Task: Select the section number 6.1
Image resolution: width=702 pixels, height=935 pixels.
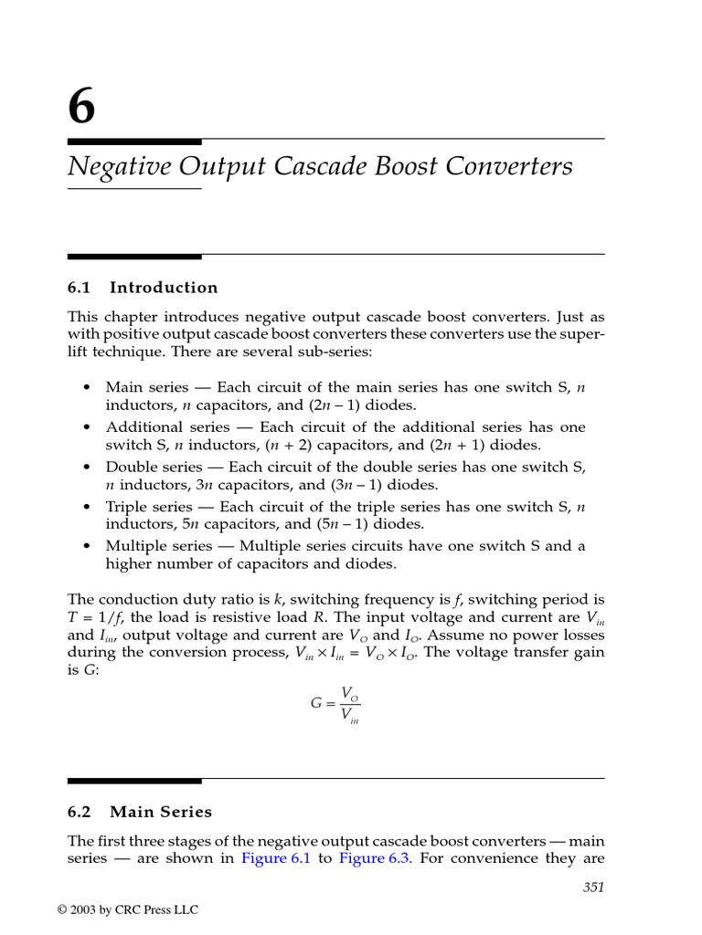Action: point(80,288)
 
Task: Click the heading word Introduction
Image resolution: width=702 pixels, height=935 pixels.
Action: point(164,288)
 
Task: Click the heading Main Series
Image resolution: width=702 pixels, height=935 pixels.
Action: point(161,812)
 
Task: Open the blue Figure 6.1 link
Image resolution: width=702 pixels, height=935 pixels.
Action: point(276,858)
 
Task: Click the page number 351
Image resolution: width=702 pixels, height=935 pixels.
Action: point(593,887)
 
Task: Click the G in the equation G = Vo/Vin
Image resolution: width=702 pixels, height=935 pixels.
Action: point(317,704)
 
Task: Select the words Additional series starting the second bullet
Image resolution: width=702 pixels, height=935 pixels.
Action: point(157,427)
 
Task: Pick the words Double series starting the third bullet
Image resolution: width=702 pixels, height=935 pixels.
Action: point(146,467)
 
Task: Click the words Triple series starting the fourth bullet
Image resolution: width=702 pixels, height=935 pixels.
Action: point(144,506)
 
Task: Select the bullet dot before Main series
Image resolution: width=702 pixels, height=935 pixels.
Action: point(86,388)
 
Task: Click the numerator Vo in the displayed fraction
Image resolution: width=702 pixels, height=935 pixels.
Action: point(349,694)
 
